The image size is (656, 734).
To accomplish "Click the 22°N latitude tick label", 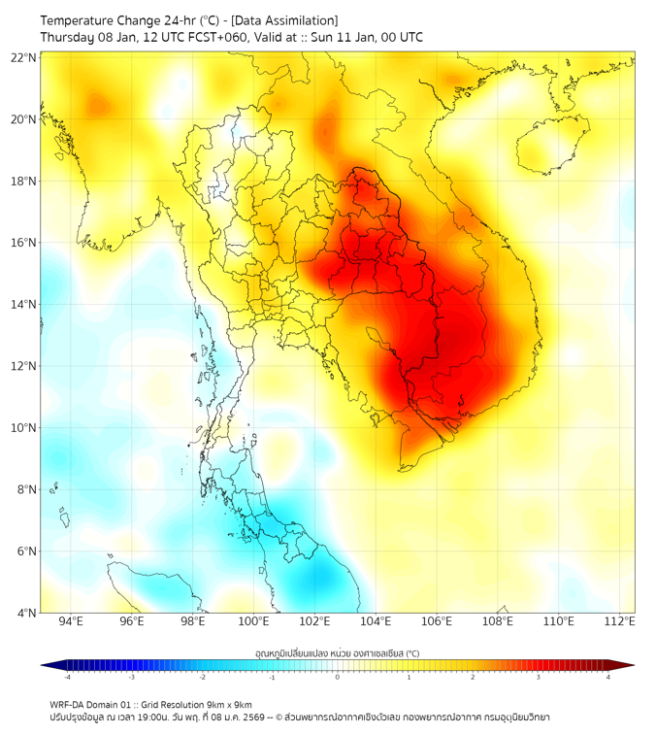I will click(x=24, y=58).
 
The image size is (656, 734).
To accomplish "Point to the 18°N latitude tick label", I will click(x=24, y=182).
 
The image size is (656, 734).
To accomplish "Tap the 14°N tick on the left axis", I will click(x=24, y=305).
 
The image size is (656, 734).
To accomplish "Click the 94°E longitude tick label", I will click(x=71, y=621).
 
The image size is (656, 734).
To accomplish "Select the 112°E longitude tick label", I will click(x=620, y=621).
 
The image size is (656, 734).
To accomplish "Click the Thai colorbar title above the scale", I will click(x=337, y=653).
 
